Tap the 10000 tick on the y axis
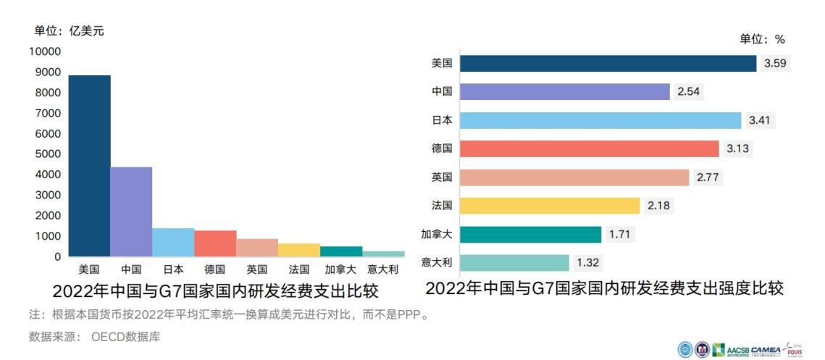(x=45, y=51)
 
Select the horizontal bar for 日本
(x=600, y=120)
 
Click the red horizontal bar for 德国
(x=589, y=148)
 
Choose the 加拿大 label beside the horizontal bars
(x=437, y=234)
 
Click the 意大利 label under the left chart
(x=382, y=269)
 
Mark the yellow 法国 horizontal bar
(x=549, y=206)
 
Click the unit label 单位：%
(x=762, y=39)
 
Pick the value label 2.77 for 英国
(x=708, y=177)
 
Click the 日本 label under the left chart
(x=173, y=269)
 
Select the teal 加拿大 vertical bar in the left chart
(x=341, y=251)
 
